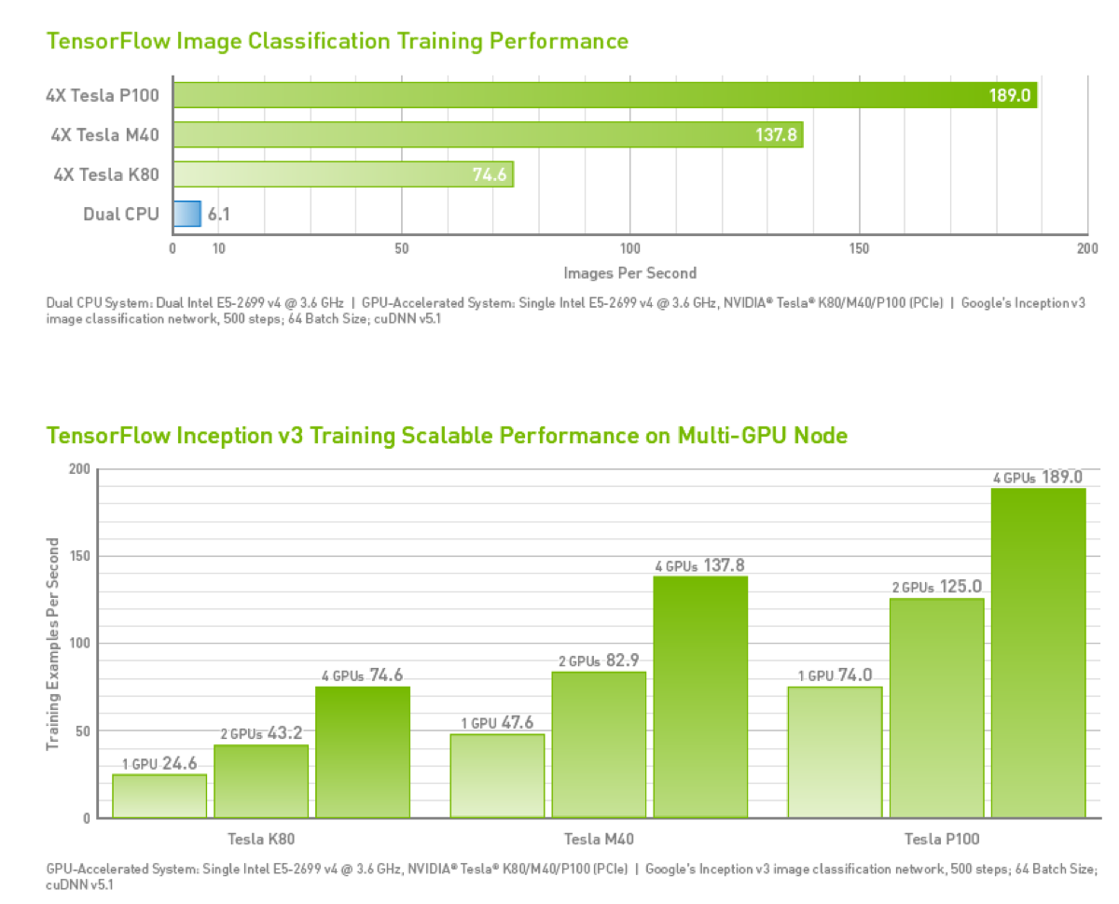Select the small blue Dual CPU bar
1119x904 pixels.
[x=186, y=214]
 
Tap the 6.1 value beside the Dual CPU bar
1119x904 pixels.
[x=218, y=215]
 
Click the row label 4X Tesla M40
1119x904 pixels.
[x=104, y=135]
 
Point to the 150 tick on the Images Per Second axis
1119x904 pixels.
[x=860, y=249]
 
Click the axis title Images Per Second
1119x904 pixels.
[x=629, y=272]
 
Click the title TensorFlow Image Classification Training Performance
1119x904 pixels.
[x=337, y=41]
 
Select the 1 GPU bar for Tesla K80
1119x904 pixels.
[x=159, y=796]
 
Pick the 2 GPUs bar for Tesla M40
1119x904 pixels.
[x=599, y=744]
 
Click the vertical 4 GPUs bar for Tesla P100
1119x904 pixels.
[x=1038, y=652]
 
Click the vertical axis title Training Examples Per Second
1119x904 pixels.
[x=54, y=644]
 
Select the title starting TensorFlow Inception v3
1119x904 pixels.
[x=447, y=436]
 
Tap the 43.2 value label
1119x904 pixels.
[x=285, y=733]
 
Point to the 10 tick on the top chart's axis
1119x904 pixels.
[x=218, y=249]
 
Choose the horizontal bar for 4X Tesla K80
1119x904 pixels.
[x=342, y=174]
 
